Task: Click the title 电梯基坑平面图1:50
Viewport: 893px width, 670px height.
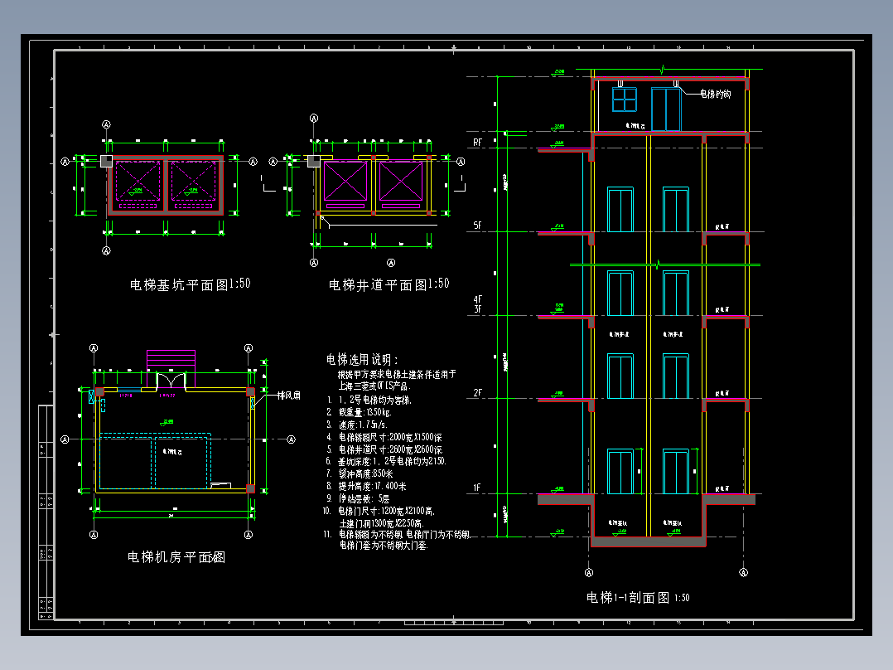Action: click(x=190, y=284)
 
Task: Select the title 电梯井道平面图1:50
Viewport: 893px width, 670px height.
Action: click(x=389, y=284)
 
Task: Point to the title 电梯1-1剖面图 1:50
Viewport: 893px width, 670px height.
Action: click(x=638, y=597)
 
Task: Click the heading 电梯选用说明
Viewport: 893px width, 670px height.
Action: click(x=362, y=360)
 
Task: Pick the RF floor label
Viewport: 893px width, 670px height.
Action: click(x=478, y=143)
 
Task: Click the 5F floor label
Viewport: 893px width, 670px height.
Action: click(x=478, y=226)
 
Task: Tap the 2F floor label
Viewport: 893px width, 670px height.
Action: click(x=478, y=392)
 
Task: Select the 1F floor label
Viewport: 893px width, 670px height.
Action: click(x=478, y=488)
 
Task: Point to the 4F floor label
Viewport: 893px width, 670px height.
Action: click(x=478, y=299)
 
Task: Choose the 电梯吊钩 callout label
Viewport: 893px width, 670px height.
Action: click(x=715, y=95)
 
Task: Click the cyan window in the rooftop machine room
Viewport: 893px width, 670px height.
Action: click(x=624, y=99)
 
